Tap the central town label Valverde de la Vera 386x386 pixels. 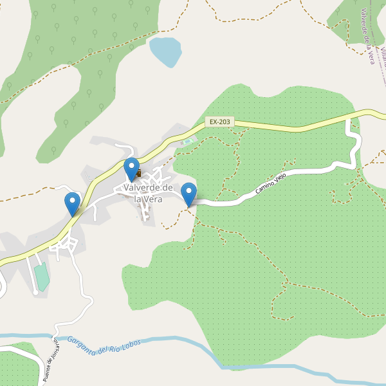tap(149, 193)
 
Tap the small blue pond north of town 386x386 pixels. tap(165, 51)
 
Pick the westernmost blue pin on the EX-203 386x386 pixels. tap(73, 203)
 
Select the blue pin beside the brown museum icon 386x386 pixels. tap(131, 169)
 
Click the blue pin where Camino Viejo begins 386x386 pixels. tap(188, 194)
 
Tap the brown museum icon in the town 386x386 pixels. tap(137, 173)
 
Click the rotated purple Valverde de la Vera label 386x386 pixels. tap(368, 36)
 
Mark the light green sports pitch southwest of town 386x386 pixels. tap(42, 277)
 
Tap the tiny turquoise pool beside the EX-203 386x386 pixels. tap(187, 142)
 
